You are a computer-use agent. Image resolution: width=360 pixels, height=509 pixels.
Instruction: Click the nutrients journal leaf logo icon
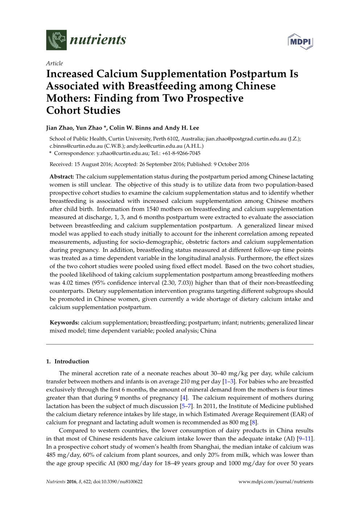tap(56, 40)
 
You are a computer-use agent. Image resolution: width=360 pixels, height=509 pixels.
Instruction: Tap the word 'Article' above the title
tap(54, 63)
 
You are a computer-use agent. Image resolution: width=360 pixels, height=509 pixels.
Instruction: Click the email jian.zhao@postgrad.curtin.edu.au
tap(246, 139)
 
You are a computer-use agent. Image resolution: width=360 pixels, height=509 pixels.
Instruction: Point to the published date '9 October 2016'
tap(231, 164)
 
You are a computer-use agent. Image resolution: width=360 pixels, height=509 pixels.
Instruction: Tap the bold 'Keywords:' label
tap(64, 323)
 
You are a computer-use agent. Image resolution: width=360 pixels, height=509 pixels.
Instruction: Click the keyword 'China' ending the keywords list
tap(208, 331)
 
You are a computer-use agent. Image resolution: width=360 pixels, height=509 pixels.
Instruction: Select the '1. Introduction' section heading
tap(67, 361)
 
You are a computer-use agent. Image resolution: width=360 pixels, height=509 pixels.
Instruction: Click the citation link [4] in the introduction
tap(184, 398)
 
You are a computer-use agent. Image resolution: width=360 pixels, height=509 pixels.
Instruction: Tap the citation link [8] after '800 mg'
tap(254, 422)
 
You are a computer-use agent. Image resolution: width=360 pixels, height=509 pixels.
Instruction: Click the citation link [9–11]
tap(305, 439)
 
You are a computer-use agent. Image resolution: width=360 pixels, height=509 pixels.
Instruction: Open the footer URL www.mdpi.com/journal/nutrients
tap(276, 482)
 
